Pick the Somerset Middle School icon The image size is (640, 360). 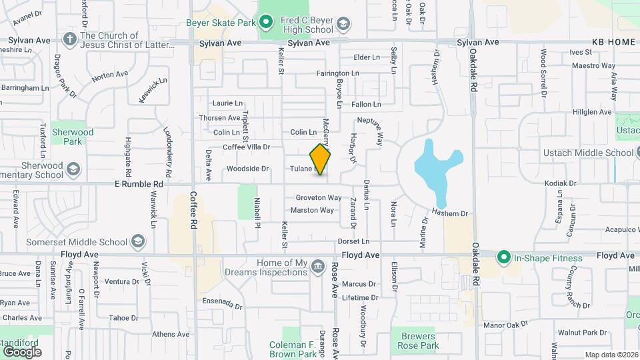[138, 241]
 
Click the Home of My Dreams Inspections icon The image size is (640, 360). [317, 267]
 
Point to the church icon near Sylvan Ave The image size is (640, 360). [70, 37]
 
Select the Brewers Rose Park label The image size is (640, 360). [417, 341]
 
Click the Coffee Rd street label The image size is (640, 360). [194, 207]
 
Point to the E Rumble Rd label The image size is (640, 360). [139, 183]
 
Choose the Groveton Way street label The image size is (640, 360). [319, 198]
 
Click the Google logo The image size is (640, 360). [21, 351]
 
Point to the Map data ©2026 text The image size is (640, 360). [611, 355]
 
